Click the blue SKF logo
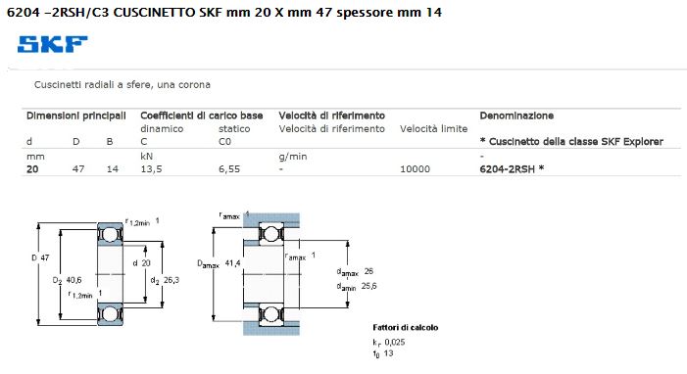(x=53, y=44)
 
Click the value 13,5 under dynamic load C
(x=151, y=169)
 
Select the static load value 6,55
(x=229, y=169)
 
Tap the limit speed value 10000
(x=415, y=169)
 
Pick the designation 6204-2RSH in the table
(x=508, y=169)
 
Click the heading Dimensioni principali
(x=76, y=116)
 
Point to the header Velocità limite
(x=434, y=129)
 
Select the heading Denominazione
(x=516, y=116)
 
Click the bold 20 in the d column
(x=32, y=169)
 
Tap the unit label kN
(x=146, y=157)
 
